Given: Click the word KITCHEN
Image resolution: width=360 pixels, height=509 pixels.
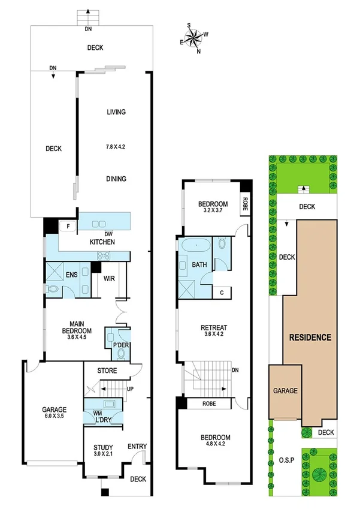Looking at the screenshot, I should click(102, 242).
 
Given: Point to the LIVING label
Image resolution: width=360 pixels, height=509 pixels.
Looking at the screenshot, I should click(116, 112).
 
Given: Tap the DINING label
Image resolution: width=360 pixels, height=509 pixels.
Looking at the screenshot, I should click(116, 179).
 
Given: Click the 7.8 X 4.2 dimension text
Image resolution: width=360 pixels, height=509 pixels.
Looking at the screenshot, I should click(116, 146).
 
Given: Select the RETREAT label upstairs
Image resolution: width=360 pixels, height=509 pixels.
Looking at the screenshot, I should click(213, 328).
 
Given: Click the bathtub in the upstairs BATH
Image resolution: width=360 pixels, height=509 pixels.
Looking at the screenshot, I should click(196, 245).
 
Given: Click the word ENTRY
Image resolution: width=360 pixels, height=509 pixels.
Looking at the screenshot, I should click(137, 446).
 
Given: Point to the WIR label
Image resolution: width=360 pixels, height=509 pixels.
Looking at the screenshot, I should click(109, 279).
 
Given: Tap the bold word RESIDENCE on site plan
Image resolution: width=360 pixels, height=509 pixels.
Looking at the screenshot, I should click(310, 337).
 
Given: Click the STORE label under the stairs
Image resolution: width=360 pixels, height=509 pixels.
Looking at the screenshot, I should click(107, 371).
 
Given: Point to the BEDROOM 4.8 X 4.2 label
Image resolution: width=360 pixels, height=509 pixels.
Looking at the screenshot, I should click(213, 441).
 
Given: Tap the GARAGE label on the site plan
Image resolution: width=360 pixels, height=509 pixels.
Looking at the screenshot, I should click(286, 390).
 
